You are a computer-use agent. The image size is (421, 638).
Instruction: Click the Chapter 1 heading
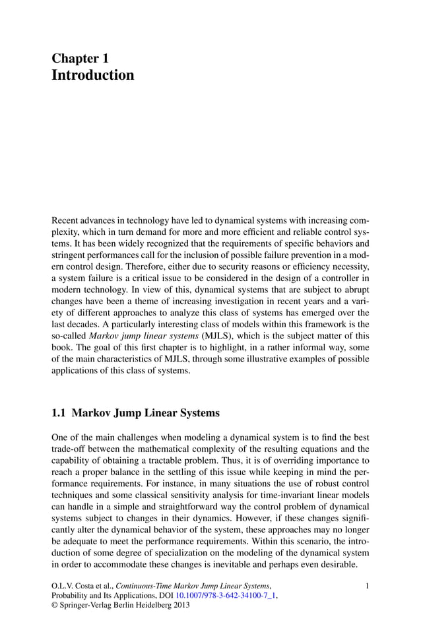[80, 58]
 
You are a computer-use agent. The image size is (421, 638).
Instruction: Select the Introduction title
[92, 75]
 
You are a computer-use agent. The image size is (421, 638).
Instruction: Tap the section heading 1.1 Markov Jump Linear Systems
[135, 414]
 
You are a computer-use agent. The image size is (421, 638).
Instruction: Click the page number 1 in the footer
[367, 585]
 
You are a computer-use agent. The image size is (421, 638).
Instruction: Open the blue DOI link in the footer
[226, 595]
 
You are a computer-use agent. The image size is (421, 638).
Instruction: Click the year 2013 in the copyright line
[178, 605]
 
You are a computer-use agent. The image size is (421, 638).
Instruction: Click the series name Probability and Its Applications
[106, 595]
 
